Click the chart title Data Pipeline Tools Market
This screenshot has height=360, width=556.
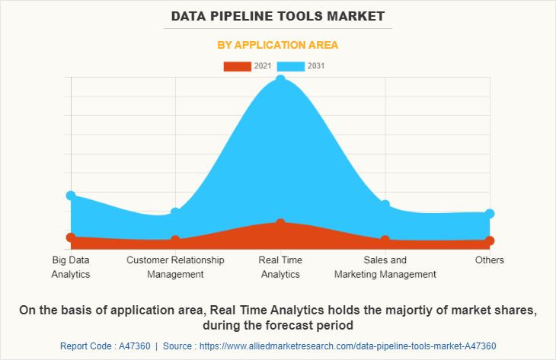(278, 15)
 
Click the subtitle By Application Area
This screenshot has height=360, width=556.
(278, 45)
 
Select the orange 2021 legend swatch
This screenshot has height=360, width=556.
(237, 66)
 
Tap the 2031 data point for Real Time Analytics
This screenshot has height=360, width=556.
(280, 80)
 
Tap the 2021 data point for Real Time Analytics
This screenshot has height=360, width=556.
(280, 223)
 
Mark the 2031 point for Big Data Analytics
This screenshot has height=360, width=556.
(71, 196)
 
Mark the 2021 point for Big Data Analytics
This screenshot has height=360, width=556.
(71, 237)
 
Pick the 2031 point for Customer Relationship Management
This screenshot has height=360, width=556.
(175, 212)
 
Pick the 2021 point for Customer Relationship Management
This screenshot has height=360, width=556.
(175, 241)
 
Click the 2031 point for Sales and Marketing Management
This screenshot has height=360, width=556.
(385, 205)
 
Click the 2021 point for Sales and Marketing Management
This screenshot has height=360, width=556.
(385, 240)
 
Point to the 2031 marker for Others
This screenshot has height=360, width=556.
(490, 214)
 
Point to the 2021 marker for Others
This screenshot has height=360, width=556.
(490, 241)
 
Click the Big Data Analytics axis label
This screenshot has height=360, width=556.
(71, 267)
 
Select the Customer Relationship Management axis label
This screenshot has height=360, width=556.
(175, 267)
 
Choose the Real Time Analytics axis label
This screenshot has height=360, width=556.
(280, 267)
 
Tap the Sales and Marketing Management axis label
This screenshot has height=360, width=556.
(385, 267)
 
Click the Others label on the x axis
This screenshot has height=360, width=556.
(490, 260)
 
